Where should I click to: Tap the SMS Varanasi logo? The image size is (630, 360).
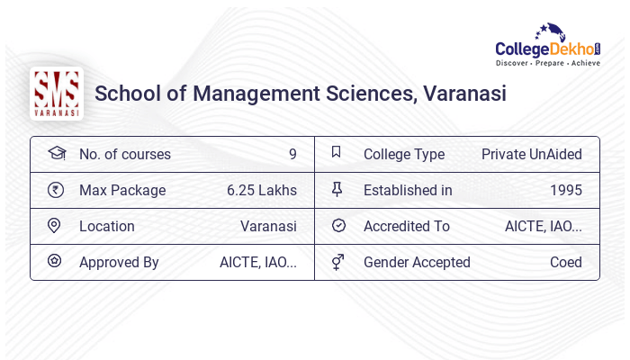point(56,94)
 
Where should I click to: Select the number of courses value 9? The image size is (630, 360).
point(292,154)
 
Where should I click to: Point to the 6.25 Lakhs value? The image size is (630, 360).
point(262,190)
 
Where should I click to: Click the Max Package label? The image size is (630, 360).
point(122,190)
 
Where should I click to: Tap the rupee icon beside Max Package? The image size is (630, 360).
point(56,190)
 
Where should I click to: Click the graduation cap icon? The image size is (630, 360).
point(56,154)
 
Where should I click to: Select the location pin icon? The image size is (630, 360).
point(55,226)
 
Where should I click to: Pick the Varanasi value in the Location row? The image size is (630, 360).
point(268,226)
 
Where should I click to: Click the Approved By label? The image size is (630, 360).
point(119,262)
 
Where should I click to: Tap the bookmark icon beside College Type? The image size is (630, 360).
point(337,153)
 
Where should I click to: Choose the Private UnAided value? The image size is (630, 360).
point(532,154)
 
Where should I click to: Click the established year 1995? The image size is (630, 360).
point(566,190)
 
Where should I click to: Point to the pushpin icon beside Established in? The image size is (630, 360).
point(337,190)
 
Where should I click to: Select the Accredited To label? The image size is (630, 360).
point(407,226)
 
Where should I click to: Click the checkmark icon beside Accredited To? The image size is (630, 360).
point(338,226)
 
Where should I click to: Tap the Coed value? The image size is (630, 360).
point(566,262)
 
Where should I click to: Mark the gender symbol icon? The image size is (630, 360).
point(337,262)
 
